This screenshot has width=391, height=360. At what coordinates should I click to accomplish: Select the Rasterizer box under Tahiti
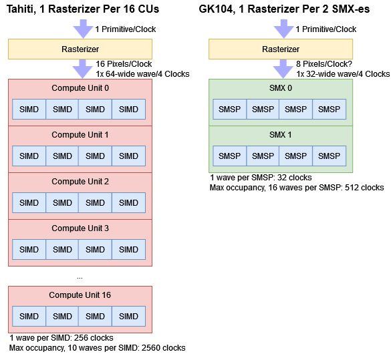pyautogui.click(x=80, y=49)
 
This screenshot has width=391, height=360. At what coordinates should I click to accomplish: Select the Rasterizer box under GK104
pyautogui.click(x=281, y=49)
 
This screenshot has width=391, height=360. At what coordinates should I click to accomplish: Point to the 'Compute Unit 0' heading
pyautogui.click(x=80, y=88)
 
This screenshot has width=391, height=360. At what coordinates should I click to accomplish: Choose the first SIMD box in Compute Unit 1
pyautogui.click(x=29, y=156)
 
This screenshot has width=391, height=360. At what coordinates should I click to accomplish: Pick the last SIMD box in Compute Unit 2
pyautogui.click(x=129, y=203)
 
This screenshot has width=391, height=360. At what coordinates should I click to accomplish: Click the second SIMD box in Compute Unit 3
pyautogui.click(x=62, y=250)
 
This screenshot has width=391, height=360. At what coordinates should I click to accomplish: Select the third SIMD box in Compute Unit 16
pyautogui.click(x=96, y=315)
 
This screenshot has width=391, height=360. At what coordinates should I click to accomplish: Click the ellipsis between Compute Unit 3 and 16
pyautogui.click(x=80, y=276)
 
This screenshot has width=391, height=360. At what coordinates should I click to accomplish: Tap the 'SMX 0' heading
pyautogui.click(x=281, y=88)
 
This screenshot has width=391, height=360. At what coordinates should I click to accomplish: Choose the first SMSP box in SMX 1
pyautogui.click(x=230, y=156)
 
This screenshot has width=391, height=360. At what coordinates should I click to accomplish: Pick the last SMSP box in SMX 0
pyautogui.click(x=330, y=110)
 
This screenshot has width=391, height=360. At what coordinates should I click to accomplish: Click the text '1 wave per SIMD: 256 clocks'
pyautogui.click(x=61, y=338)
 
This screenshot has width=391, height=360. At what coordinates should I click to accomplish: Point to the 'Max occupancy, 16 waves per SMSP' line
pyautogui.click(x=296, y=188)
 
